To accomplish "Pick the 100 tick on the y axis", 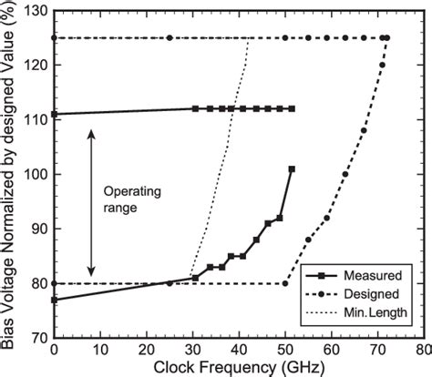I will pos(34,174).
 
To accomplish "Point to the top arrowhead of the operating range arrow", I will pos(90,132).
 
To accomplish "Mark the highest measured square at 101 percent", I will pos(292,169).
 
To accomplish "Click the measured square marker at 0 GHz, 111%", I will pos(55,114).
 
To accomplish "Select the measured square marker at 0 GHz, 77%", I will pos(55,300).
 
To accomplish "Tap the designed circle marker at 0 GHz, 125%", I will pos(55,38).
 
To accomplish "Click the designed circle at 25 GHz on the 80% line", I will pos(170,283).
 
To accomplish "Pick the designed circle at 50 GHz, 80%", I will pos(284,283).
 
